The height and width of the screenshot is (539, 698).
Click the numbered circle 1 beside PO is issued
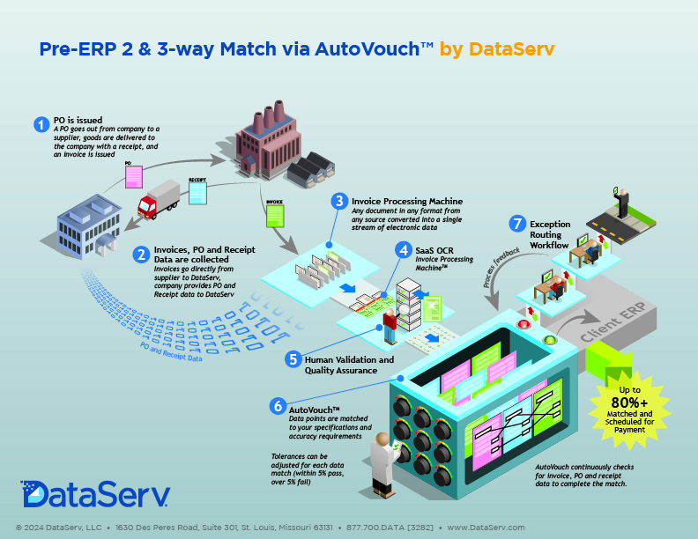41,124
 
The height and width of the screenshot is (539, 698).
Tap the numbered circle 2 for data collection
141,255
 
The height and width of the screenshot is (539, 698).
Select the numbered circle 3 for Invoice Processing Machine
338,202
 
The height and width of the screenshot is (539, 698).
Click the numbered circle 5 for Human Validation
293,358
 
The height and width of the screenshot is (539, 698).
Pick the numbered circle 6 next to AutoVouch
278,406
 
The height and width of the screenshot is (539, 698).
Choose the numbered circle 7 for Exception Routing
516,224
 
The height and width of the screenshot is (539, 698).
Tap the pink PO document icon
134,176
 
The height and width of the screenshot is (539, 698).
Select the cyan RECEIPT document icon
197,191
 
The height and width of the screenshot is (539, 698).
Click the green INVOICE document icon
275,211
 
